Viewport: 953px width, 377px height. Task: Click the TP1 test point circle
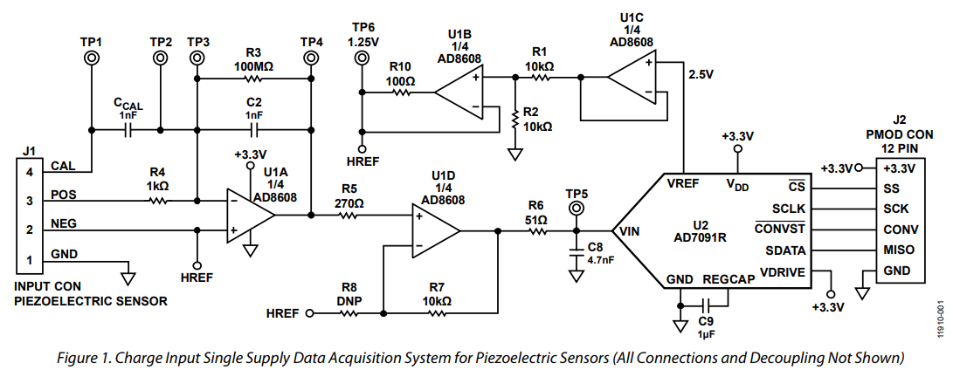91,58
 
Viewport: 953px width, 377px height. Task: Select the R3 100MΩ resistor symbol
254,79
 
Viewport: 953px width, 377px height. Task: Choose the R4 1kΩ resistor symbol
157,201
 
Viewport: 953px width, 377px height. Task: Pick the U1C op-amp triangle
631,79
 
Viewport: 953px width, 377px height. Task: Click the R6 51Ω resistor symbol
535,231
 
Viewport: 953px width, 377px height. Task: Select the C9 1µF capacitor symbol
709,305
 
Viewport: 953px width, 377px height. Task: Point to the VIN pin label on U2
630,231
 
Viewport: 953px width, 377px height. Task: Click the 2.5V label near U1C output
701,74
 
